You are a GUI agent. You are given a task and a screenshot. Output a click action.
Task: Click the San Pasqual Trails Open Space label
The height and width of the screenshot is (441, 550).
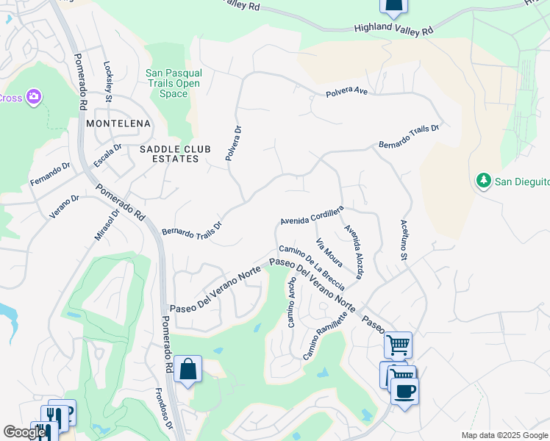(174, 83)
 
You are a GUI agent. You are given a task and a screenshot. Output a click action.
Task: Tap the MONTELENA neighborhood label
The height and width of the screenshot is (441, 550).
(118, 123)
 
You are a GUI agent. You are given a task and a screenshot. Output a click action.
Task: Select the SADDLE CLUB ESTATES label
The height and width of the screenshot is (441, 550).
(175, 154)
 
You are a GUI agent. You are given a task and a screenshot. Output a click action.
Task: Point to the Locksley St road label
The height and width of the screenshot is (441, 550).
(108, 81)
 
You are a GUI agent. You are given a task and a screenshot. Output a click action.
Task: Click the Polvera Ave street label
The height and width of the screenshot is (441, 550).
(346, 92)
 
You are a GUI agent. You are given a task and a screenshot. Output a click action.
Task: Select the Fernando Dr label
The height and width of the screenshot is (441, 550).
(49, 174)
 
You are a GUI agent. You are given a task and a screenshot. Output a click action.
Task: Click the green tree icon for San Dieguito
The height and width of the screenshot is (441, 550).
(483, 181)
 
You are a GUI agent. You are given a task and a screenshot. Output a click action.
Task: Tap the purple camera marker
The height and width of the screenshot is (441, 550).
(33, 97)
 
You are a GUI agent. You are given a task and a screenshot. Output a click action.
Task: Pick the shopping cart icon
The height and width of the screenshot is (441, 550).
(398, 344)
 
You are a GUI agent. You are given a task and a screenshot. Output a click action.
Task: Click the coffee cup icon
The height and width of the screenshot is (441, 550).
(404, 390)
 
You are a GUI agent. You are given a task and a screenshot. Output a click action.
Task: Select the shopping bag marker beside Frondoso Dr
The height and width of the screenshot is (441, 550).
(188, 368)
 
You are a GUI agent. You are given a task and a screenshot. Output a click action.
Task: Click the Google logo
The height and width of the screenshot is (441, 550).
(24, 432)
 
